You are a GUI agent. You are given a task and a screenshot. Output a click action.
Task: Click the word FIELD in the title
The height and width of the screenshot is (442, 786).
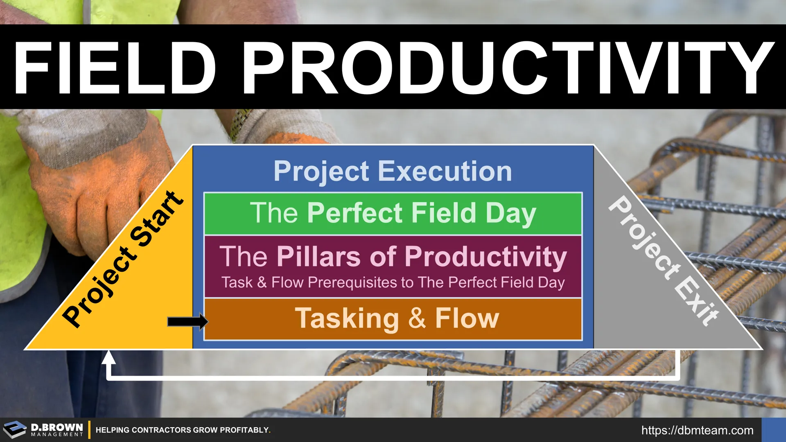click(x=115, y=68)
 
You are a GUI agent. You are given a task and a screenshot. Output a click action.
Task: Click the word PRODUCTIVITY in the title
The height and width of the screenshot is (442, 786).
click(x=508, y=68)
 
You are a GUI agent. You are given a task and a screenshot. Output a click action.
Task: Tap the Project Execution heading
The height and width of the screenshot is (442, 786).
click(x=393, y=171)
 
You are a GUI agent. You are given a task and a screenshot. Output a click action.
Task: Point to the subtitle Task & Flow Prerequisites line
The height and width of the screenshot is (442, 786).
click(x=393, y=282)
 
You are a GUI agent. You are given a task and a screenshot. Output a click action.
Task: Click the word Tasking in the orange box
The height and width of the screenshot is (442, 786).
click(x=347, y=319)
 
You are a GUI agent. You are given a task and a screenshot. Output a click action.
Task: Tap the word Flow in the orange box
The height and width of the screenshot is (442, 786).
click(x=467, y=318)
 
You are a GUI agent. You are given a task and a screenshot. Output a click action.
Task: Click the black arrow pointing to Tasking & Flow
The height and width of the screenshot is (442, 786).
click(x=187, y=321)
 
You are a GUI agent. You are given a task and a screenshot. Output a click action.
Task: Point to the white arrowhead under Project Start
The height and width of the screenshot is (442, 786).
click(x=108, y=357)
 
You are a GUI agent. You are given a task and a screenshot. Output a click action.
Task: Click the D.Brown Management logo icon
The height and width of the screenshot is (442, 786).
click(x=15, y=430)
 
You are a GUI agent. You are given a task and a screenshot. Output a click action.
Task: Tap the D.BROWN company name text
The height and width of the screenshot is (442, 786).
click(x=57, y=427)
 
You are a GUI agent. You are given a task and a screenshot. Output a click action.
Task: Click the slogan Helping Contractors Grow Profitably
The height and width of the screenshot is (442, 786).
click(x=183, y=430)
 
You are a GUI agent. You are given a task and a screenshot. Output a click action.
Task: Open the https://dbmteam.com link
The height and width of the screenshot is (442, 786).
click(x=697, y=431)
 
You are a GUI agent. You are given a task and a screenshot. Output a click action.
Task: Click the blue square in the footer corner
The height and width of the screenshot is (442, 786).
click(x=774, y=430)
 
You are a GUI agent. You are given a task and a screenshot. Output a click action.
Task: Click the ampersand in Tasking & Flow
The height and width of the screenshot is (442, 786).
click(x=417, y=318)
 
